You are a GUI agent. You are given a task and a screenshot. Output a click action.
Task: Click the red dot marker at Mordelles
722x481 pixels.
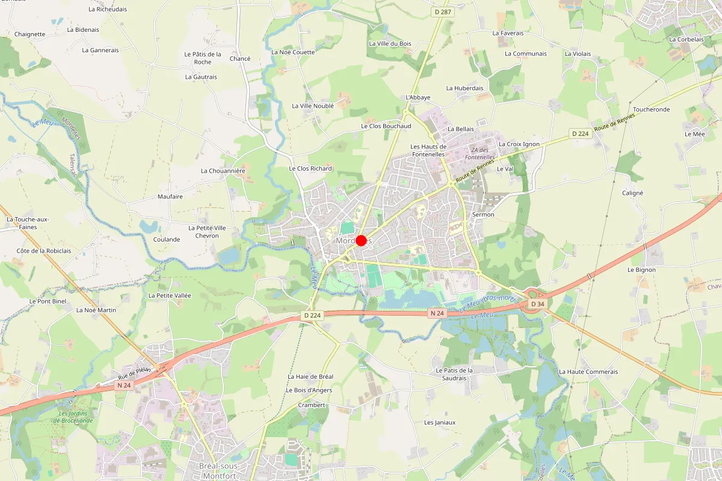tap(361, 240)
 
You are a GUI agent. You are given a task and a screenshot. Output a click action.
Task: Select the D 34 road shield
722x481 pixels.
tap(537, 305)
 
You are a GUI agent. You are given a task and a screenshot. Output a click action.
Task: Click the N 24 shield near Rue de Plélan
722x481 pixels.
tap(125, 385)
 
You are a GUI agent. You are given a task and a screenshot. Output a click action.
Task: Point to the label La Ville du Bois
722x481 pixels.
tap(390, 43)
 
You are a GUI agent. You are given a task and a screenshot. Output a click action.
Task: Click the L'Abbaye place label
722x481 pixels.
tap(418, 97)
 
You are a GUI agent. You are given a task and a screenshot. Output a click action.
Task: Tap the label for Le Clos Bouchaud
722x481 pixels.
tap(386, 126)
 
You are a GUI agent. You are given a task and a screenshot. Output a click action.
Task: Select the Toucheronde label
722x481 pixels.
tap(651, 110)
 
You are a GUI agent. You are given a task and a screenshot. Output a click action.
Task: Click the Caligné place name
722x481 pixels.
tap(632, 193)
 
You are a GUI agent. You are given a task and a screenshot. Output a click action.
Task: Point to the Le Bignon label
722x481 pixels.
tap(641, 270)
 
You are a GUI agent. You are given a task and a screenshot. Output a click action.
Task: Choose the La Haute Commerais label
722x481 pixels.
tap(588, 372)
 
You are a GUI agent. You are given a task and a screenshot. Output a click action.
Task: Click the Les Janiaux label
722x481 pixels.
tap(440, 422)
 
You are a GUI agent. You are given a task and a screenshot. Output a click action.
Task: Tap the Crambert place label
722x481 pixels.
tap(312, 405)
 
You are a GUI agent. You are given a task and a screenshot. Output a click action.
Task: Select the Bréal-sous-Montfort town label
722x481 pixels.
tap(219, 471)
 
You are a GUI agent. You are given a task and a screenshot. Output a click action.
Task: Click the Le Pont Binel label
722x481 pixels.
tap(48, 301)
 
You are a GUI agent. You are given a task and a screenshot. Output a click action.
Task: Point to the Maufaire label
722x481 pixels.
tap(170, 197)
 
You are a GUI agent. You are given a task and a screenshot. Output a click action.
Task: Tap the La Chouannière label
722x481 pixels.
tap(223, 171)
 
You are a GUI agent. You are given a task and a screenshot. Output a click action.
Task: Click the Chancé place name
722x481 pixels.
tap(240, 59)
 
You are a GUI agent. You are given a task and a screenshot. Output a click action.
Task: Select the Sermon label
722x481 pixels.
tap(483, 215)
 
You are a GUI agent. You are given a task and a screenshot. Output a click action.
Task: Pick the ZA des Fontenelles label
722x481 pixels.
tap(483, 154)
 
